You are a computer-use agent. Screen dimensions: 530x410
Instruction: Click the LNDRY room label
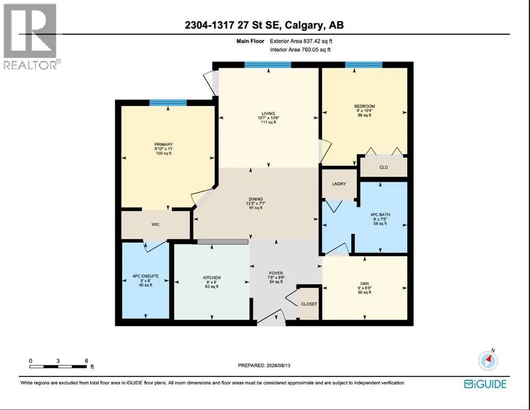(x=339, y=184)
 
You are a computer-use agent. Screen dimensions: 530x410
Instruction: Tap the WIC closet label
(x=156, y=224)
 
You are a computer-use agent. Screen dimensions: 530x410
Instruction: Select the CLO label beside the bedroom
(x=384, y=167)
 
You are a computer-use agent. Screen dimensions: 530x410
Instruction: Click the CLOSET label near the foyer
(x=309, y=304)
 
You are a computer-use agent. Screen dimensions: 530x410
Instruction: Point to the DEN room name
(x=365, y=283)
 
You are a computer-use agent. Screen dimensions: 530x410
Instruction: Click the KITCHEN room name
(x=212, y=278)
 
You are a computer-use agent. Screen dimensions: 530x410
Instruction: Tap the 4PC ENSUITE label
(x=146, y=276)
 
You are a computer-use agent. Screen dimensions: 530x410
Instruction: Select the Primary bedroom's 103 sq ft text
(x=164, y=153)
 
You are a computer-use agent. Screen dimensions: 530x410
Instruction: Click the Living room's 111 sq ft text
(x=268, y=122)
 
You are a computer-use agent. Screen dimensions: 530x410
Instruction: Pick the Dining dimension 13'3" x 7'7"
(x=256, y=203)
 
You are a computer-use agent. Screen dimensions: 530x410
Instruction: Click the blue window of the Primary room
(x=168, y=103)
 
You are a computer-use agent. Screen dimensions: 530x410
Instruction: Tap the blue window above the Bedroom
(x=364, y=65)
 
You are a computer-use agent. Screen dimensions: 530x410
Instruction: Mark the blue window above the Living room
(x=268, y=65)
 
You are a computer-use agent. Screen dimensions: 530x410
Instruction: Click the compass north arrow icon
(x=488, y=360)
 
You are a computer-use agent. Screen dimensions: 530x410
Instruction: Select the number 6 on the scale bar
(x=86, y=361)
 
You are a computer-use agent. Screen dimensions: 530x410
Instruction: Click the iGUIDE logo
(x=485, y=384)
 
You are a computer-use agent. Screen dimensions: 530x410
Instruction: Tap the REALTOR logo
(x=31, y=36)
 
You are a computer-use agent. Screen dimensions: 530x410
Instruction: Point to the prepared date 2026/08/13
(x=278, y=366)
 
